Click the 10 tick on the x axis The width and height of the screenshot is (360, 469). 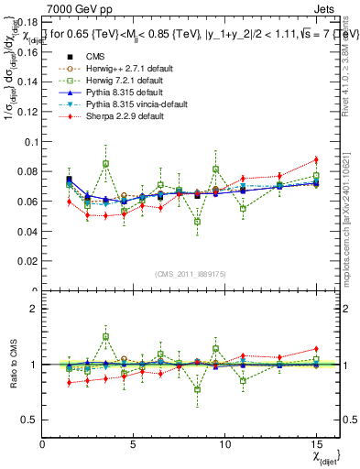click(x=224, y=444)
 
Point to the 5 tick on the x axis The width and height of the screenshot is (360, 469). click(x=134, y=444)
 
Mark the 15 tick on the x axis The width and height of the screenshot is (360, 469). click(x=315, y=444)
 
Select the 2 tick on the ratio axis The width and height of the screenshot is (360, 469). click(x=35, y=309)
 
